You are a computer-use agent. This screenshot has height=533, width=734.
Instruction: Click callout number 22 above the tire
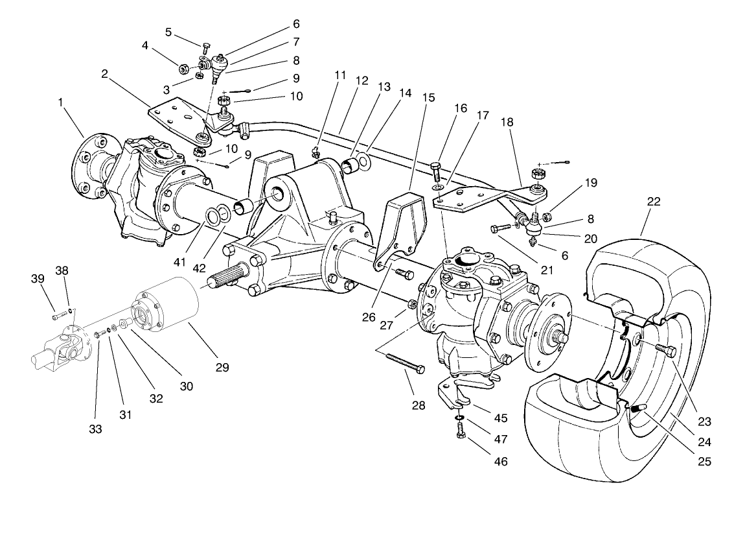pyautogui.click(x=653, y=202)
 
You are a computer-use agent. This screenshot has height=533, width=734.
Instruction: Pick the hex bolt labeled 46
pyautogui.click(x=461, y=434)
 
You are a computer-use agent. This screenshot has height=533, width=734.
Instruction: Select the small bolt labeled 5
pyautogui.click(x=205, y=47)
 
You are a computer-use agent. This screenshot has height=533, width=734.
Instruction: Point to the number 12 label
pyautogui.click(x=361, y=81)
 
